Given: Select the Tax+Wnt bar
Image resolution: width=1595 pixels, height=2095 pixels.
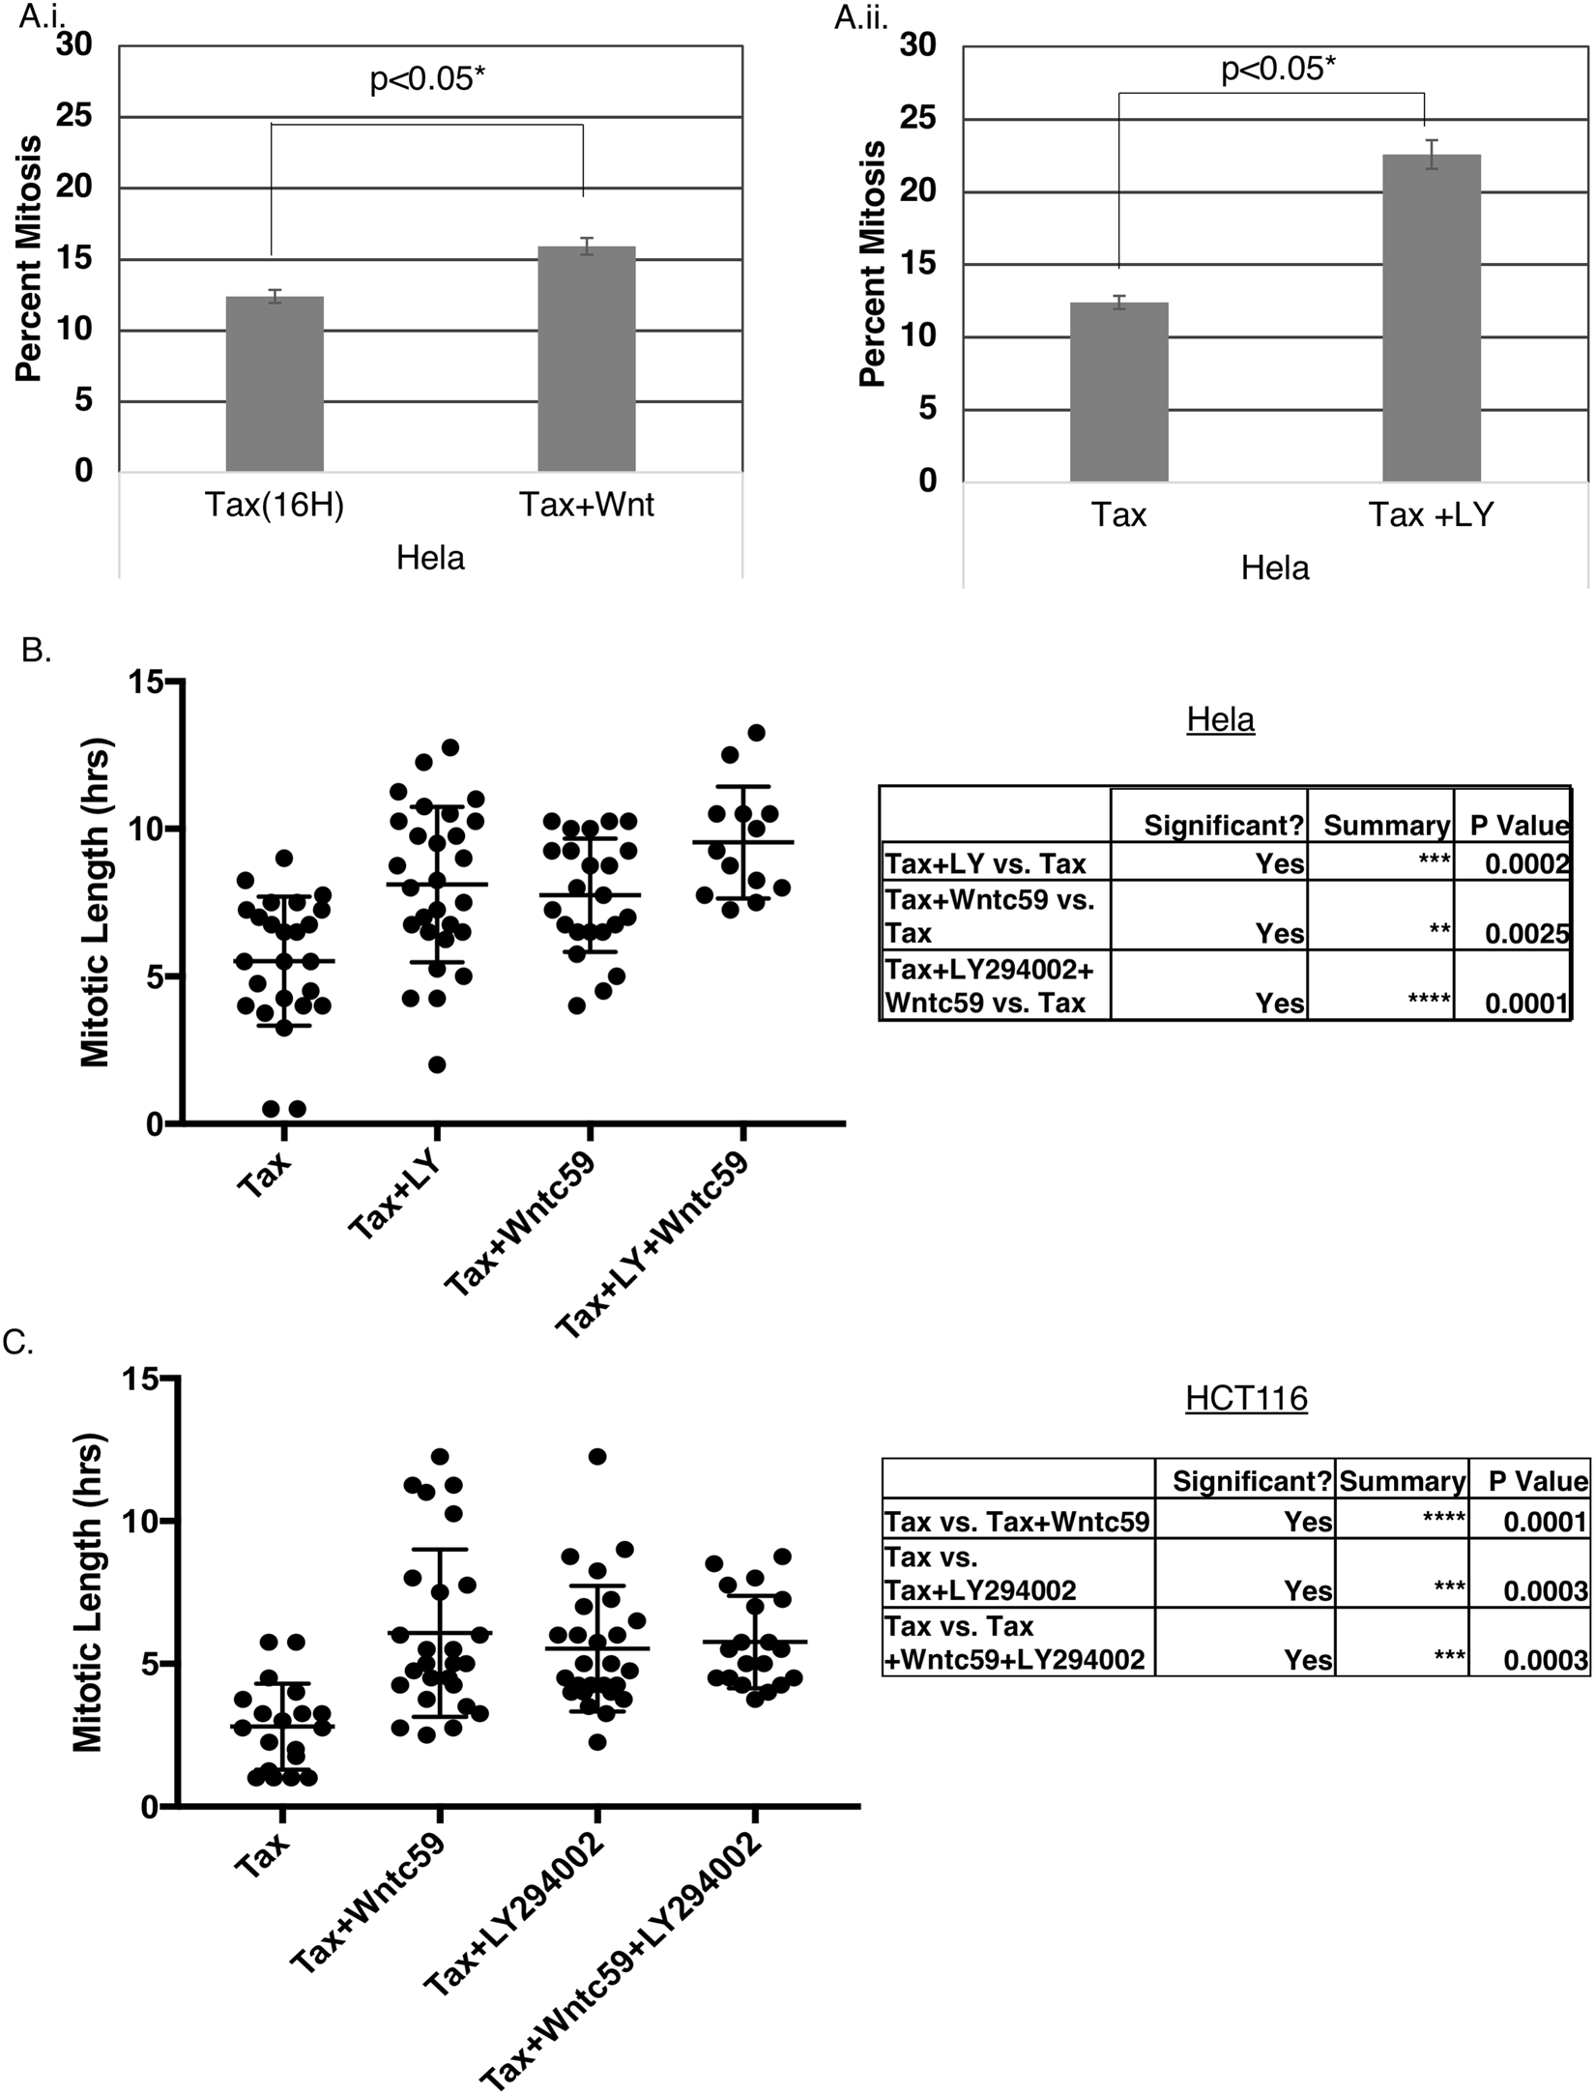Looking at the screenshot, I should point(587,359).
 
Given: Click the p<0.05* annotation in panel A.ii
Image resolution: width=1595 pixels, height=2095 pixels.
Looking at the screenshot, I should point(1278,70).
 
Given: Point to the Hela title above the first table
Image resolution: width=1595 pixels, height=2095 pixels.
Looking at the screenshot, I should point(1220,720).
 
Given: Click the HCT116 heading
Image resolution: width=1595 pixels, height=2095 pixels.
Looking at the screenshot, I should point(1246,1399).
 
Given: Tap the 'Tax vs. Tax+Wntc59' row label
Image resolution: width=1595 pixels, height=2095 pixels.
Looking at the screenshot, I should point(1017,1523).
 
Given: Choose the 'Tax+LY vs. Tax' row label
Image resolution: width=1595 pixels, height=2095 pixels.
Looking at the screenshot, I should point(985,862).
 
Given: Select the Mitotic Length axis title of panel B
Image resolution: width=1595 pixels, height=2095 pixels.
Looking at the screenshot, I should point(96,903).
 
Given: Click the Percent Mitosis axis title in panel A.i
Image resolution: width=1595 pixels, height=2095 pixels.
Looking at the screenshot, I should point(29,259).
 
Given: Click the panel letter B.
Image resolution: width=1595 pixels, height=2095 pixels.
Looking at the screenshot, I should point(35,651).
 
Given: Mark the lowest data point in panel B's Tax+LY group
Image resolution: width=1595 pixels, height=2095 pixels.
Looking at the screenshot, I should point(437,1064).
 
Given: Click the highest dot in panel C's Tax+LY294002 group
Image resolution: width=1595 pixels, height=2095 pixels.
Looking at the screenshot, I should point(597,1456).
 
